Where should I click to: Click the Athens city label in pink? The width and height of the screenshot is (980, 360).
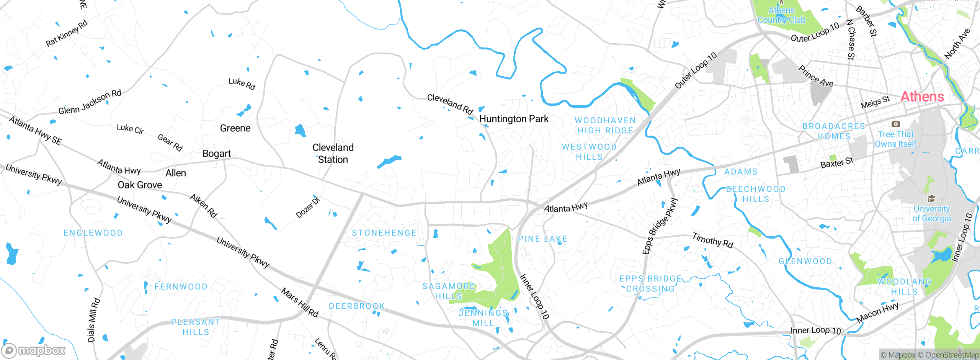point(922,97)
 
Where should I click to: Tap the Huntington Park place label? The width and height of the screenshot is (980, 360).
point(514,119)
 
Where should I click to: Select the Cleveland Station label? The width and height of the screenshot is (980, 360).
point(333,154)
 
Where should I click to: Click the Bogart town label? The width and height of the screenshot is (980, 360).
point(216,154)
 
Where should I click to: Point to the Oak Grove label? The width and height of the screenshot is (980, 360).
point(140,185)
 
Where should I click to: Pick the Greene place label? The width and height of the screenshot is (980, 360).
point(235,128)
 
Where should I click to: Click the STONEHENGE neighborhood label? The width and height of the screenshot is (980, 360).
point(384,233)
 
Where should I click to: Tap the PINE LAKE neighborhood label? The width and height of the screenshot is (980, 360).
point(542,239)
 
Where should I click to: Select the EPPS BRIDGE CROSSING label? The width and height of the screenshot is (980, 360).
point(650,284)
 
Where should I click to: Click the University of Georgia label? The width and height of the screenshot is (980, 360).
point(931,214)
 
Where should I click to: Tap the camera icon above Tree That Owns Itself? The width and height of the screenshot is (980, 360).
point(895,124)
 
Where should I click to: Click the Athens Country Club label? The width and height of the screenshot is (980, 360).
point(781,15)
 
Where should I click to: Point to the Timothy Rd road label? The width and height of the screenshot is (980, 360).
point(712,241)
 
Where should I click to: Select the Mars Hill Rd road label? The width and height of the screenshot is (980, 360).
point(300,303)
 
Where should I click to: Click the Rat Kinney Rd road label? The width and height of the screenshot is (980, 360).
point(67,33)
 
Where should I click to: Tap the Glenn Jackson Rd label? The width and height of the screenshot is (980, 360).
point(90,102)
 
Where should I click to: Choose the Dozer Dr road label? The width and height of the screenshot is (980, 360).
point(308,208)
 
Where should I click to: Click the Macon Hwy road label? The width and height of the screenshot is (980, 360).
point(877,313)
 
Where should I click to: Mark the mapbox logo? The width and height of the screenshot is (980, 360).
point(34,350)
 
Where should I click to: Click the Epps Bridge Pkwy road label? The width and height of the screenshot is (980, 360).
point(660,226)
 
